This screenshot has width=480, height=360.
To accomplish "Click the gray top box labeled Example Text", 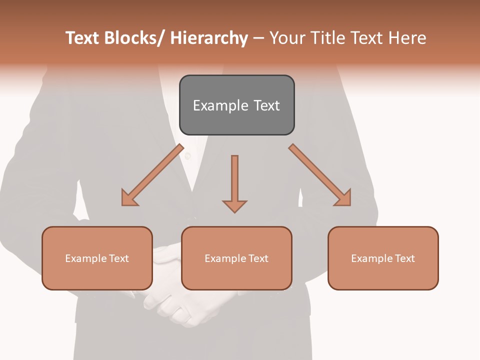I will (236, 105).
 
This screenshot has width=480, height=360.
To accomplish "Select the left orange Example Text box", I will (97, 258).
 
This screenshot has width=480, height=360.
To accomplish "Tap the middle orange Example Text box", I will (236, 258).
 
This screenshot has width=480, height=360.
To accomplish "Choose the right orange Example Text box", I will (383, 258).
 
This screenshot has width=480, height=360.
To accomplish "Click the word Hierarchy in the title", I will (209, 38).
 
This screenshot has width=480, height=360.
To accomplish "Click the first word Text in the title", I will (82, 38).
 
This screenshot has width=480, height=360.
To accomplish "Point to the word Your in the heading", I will (287, 38).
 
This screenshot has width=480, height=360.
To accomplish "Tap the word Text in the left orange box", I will (119, 258).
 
